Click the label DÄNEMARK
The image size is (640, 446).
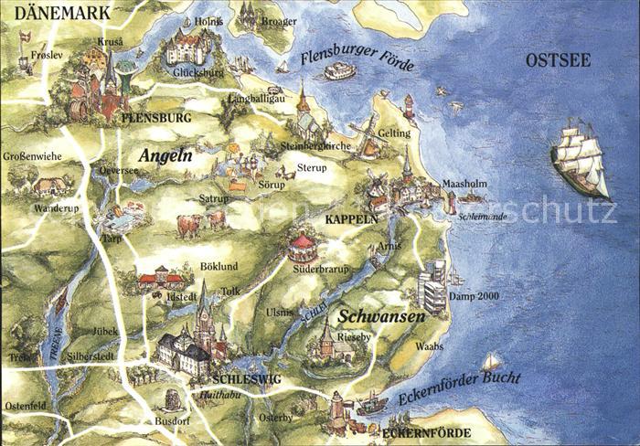click(x=56, y=13)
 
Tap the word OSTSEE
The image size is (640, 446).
click(x=558, y=61)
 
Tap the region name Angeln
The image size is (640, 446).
click(x=165, y=156)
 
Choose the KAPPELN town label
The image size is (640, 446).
click(x=351, y=220)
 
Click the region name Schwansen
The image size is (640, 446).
click(x=381, y=316)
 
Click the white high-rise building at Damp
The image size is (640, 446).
click(x=432, y=285)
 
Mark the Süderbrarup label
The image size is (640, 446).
click(x=321, y=269)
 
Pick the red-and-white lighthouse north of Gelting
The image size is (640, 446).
click(x=410, y=108)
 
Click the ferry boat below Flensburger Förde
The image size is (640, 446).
click(x=339, y=71)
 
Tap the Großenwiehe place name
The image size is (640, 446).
click(x=32, y=156)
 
